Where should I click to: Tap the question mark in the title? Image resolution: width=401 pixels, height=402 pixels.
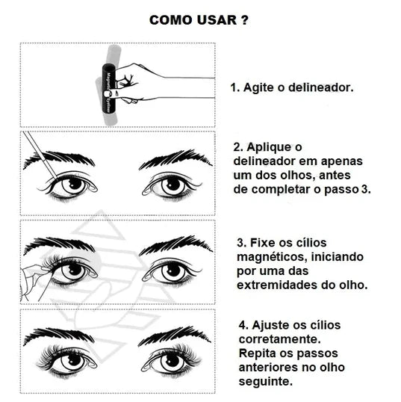point(244,20)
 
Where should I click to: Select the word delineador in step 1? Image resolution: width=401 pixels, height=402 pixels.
point(321,87)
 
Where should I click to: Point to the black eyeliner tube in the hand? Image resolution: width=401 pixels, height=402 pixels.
point(108,89)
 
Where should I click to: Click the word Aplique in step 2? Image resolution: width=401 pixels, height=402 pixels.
point(269,148)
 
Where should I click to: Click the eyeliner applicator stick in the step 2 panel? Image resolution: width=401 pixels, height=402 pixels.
point(40,155)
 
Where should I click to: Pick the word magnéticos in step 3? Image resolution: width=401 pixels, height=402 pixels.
point(271,257)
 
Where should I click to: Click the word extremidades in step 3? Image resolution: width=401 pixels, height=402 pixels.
point(277,285)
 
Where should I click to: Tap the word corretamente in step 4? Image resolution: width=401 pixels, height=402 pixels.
point(279,339)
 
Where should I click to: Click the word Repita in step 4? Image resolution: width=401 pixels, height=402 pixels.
point(257,353)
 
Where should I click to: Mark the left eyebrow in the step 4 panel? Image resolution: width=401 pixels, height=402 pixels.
point(59,335)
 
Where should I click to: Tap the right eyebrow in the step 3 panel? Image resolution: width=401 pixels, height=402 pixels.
point(175,245)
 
